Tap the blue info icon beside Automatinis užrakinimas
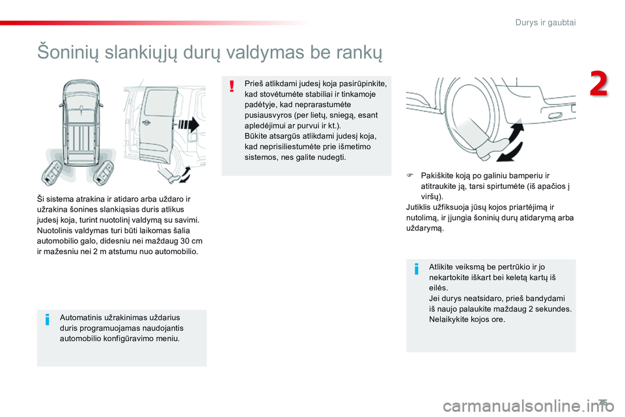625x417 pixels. point(48,319)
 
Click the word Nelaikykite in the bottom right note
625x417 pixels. point(449,319)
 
